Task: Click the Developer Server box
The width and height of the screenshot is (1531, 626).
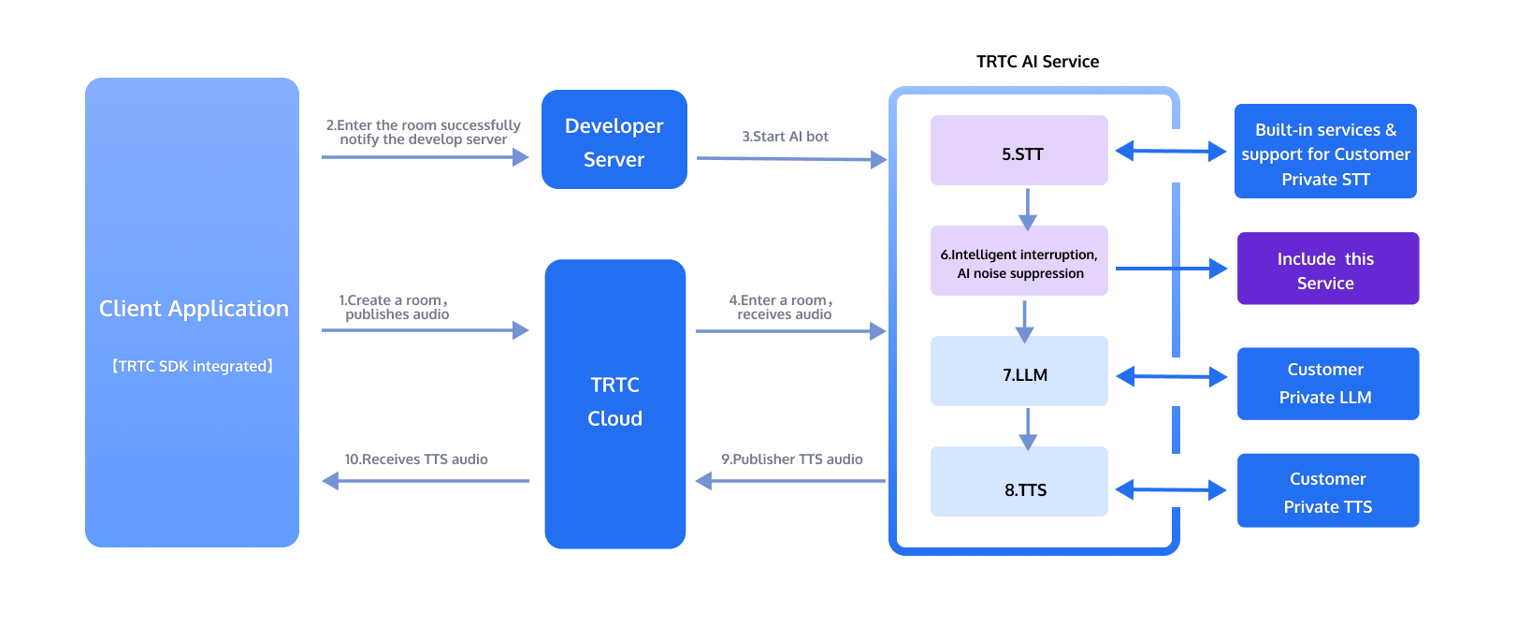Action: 614,139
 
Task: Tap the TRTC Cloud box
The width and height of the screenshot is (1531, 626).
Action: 615,403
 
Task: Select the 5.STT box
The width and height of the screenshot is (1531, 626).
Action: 1019,151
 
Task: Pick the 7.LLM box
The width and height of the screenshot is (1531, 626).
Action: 1019,371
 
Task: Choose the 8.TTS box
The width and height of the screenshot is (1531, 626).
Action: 1019,482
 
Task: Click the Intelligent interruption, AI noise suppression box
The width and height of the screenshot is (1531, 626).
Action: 1019,261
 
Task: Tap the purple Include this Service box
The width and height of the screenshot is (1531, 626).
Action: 1328,269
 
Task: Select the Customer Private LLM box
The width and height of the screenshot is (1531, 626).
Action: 1328,384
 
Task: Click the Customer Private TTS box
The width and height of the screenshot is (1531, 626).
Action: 1328,490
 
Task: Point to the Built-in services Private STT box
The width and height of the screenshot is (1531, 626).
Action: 1325,152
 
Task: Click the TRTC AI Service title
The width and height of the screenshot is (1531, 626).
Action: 1037,62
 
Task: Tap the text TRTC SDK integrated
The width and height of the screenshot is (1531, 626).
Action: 193,366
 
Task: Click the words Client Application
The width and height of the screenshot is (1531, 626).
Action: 195,309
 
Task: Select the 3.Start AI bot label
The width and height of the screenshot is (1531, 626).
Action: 786,136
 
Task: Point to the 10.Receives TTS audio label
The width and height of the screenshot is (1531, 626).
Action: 416,459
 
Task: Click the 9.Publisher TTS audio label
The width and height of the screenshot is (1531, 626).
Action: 791,459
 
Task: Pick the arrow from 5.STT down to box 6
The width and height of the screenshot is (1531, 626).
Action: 1027,210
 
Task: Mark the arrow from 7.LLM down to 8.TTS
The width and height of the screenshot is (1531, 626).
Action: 1027,429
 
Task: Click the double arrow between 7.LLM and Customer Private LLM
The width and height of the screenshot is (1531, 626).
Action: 1172,376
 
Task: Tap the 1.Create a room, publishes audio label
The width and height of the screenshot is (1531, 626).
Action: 395,307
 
